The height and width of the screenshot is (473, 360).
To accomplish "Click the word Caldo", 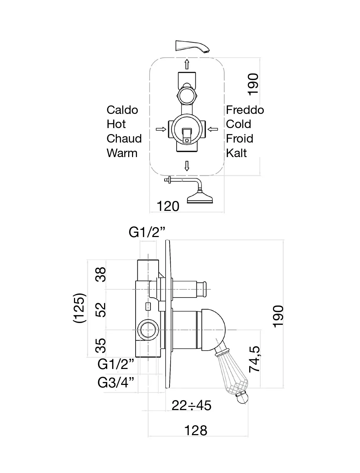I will click(x=122, y=110).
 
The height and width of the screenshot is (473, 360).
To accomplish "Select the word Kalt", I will click(x=236, y=153).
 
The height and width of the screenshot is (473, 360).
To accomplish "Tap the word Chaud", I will click(x=124, y=139).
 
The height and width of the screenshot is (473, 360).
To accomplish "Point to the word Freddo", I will click(x=245, y=110).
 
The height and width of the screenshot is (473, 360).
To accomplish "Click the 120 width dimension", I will click(x=168, y=206).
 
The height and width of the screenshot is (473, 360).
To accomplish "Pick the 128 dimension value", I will click(x=196, y=431).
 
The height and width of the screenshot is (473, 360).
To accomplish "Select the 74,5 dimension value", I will click(x=255, y=359).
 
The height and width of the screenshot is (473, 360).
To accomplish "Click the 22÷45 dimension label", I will click(x=192, y=405).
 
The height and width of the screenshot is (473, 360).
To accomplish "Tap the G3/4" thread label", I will click(x=116, y=382).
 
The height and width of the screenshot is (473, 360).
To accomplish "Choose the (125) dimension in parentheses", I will click(x=79, y=308).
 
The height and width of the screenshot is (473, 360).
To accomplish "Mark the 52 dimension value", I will click(x=101, y=310).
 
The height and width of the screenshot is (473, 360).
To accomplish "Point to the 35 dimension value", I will click(x=101, y=345).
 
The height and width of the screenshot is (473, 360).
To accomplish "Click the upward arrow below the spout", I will click(x=187, y=64).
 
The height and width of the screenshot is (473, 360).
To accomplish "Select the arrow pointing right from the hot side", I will click(x=161, y=129).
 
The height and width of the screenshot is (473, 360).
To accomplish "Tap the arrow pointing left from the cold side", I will click(x=213, y=129).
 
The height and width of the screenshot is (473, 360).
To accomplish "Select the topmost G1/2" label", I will click(x=147, y=232).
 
